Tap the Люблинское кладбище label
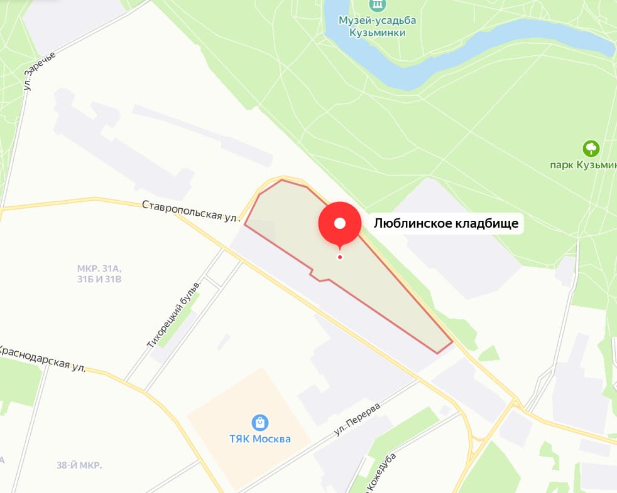[447, 223]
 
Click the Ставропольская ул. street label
[191, 211]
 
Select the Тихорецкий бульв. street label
[174, 314]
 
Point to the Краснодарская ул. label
[43, 358]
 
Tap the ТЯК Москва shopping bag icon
[259, 422]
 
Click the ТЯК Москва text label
[259, 439]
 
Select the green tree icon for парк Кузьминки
[591, 149]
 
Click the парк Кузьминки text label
[584, 166]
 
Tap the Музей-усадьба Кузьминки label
[377, 26]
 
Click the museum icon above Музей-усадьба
[377, 5]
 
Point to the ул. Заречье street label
[40, 70]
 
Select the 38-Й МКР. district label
[79, 465]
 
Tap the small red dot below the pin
[340, 257]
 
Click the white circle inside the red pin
[340, 223]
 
